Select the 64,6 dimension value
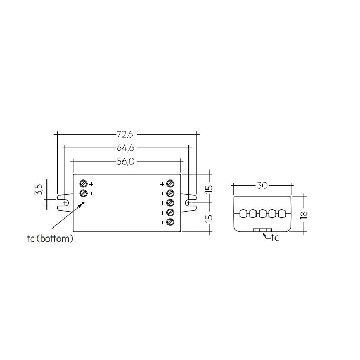(x=126, y=149)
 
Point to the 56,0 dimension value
(x=126, y=162)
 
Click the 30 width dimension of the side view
(x=262, y=185)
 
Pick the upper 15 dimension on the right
(x=210, y=188)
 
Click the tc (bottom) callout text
(x=50, y=239)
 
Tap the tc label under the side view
(x=274, y=238)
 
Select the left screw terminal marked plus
(x=83, y=184)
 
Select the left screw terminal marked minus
(x=83, y=194)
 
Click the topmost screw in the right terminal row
(x=170, y=184)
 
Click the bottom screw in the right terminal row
(x=170, y=222)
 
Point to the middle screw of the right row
(x=170, y=203)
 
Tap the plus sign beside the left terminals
(x=91, y=184)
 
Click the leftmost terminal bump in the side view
(x=244, y=214)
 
